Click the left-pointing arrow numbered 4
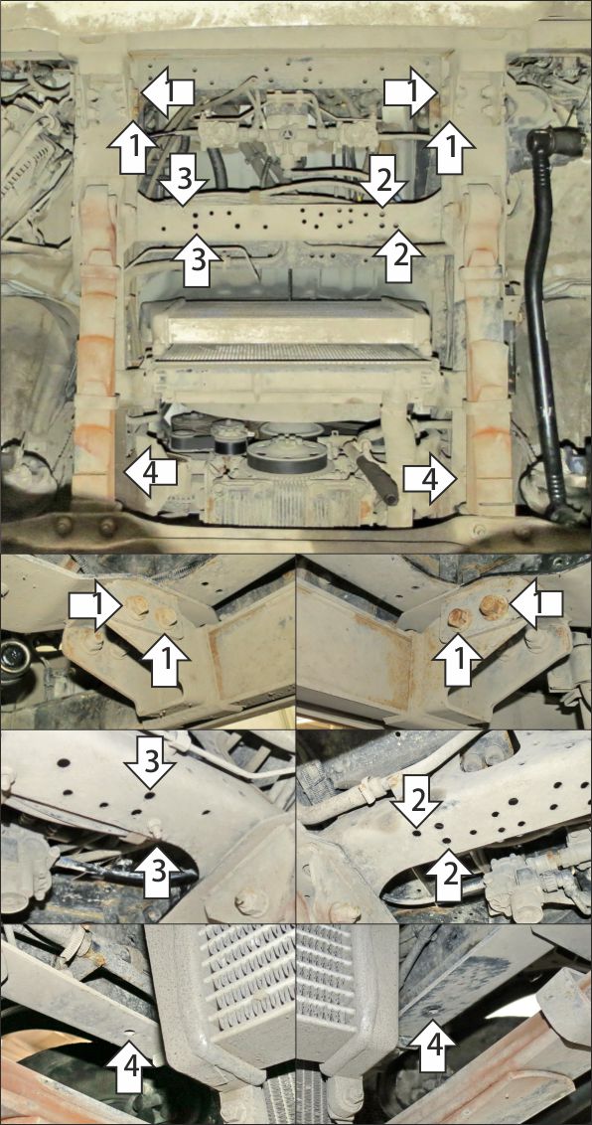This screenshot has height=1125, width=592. [x=151, y=471]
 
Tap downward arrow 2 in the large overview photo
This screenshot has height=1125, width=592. [x=382, y=179]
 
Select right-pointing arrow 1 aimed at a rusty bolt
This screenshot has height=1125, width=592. [x=94, y=607]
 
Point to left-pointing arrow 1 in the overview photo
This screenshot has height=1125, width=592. [x=168, y=91]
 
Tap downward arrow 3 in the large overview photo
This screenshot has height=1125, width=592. [x=184, y=181]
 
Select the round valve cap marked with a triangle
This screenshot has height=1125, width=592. [x=286, y=133]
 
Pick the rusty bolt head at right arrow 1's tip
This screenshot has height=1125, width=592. [x=137, y=607]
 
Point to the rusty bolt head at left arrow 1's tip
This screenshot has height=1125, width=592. [x=492, y=607]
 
